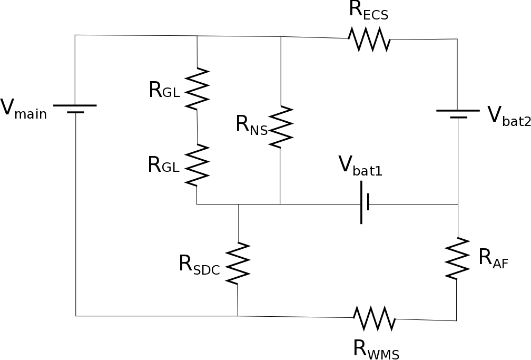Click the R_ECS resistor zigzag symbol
[369, 40]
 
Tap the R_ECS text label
[368, 11]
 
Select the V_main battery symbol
[75, 109]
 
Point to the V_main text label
[23, 109]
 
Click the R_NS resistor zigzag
[280, 127]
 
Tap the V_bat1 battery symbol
[364, 202]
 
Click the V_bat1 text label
[360, 166]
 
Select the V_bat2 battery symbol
[458, 114]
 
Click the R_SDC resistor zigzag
[238, 263]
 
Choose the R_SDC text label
[199, 265]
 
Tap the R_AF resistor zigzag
[457, 258]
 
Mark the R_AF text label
[493, 258]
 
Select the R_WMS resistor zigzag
[374, 318]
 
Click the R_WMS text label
[376, 349]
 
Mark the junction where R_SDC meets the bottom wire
[238, 316]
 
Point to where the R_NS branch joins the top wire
[281, 36]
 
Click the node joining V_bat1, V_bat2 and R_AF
[458, 204]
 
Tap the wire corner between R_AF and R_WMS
[456, 320]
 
